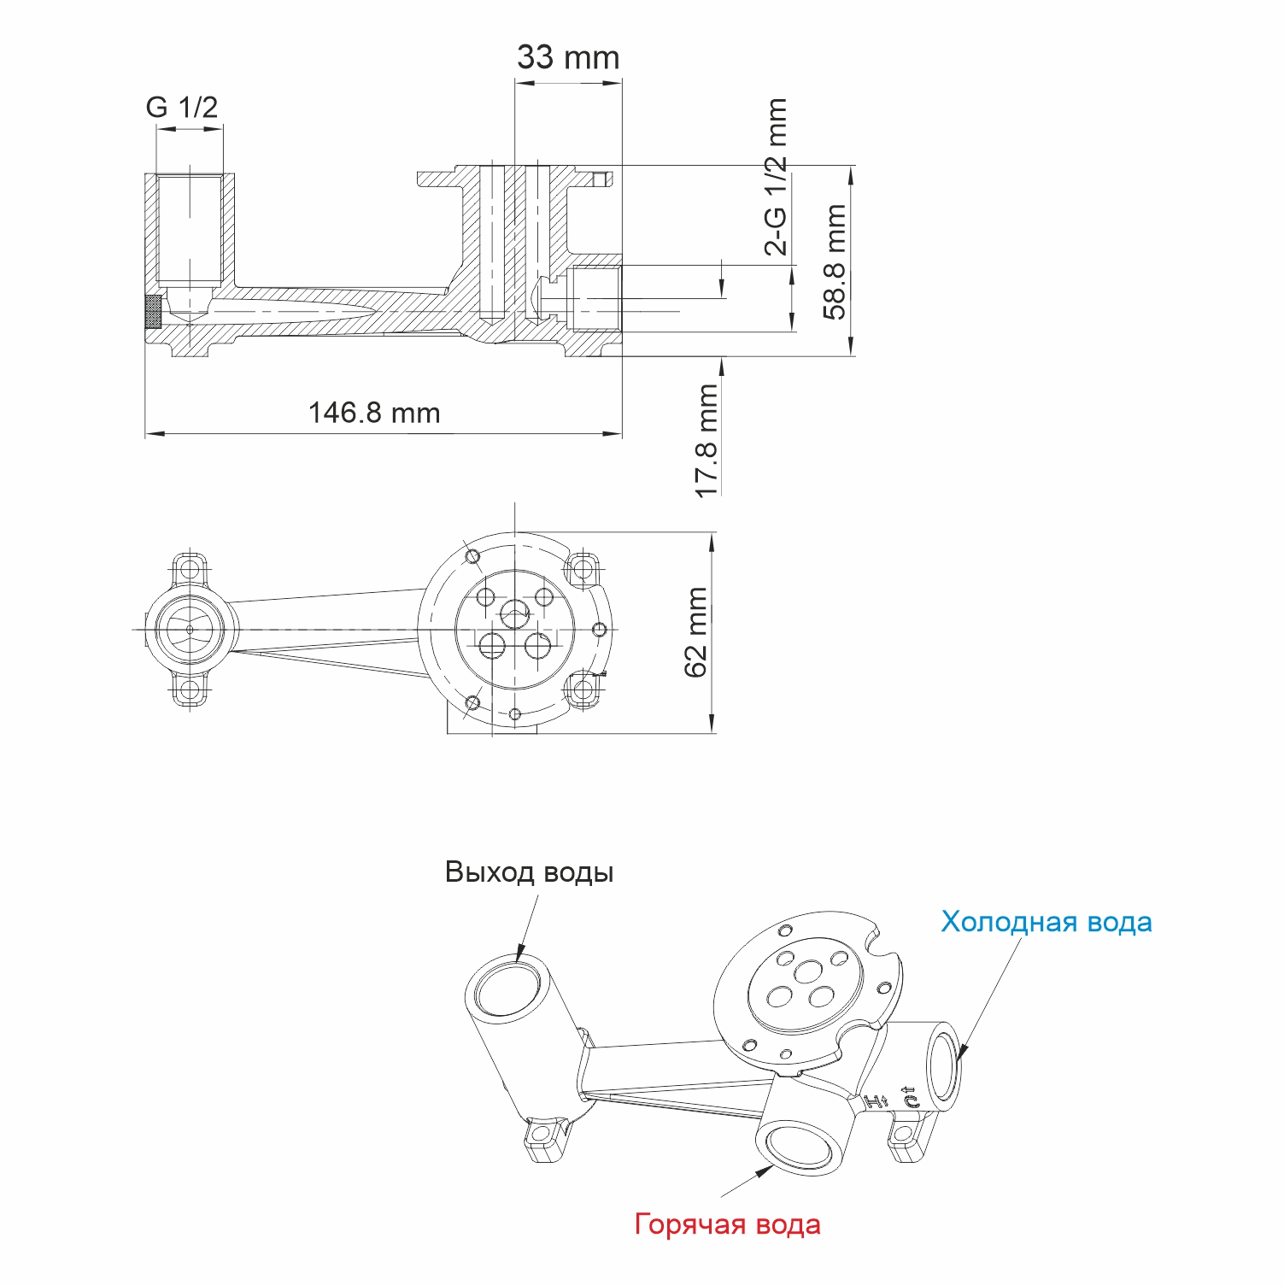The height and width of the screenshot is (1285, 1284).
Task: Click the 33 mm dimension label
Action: point(568,58)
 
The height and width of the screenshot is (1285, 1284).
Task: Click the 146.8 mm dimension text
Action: point(374,414)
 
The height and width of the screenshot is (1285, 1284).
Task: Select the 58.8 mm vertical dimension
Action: point(835,261)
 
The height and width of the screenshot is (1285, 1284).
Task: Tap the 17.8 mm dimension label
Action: point(706,441)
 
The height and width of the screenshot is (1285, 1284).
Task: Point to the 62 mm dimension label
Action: point(696,631)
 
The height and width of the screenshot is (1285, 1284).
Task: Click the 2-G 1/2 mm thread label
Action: point(776,177)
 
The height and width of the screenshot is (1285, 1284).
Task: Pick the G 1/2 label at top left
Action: point(182,108)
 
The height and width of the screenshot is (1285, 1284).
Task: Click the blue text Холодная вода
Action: point(1046,922)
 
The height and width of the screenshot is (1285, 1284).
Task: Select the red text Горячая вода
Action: point(727,1224)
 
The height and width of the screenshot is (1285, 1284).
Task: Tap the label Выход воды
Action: point(529,872)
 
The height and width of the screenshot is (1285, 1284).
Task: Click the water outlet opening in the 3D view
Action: point(510,986)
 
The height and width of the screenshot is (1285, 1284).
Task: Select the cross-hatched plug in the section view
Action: point(153,312)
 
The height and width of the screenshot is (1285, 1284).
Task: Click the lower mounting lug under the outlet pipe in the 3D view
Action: point(543,1137)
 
